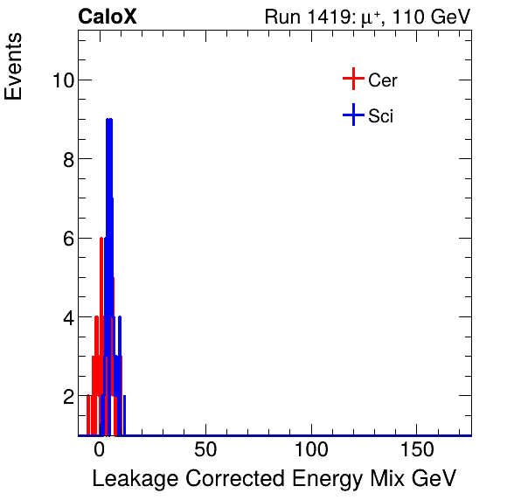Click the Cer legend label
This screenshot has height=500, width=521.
(x=383, y=80)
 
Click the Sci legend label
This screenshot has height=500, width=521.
(x=381, y=115)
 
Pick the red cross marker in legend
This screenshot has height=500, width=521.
(x=352, y=80)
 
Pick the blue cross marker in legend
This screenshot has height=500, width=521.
(x=352, y=115)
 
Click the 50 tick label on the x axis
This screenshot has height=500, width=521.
(x=205, y=450)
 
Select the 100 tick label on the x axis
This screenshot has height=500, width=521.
(x=310, y=450)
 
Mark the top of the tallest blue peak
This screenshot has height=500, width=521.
(x=109, y=120)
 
